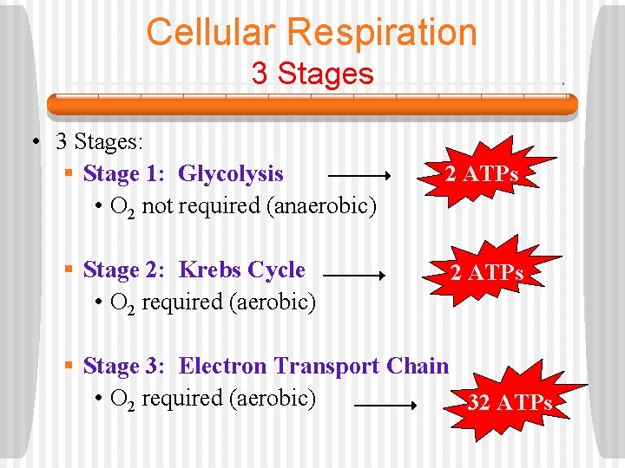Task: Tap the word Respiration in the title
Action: coord(382,33)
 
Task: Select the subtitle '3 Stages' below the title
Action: coord(312,73)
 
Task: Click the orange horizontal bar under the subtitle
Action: coord(312,105)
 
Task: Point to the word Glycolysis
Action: coord(231,174)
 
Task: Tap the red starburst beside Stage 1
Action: coord(482,174)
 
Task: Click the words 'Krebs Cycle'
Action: coord(242,270)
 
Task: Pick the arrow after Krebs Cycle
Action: coord(353,276)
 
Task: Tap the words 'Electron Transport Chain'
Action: coord(313,367)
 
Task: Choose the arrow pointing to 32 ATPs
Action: coord(387,405)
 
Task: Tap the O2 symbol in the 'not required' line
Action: coord(122,207)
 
